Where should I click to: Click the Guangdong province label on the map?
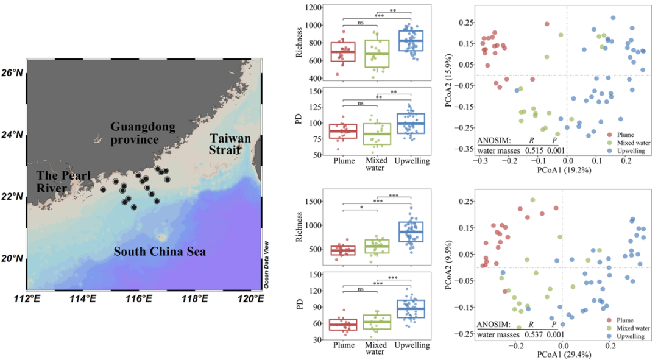[143, 133]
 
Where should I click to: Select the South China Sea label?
[160, 250]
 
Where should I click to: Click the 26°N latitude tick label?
[12, 72]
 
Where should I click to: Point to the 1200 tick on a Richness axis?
[315, 8]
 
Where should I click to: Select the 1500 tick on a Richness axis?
[315, 201]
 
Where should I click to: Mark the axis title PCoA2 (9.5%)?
[449, 266]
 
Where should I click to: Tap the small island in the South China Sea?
[161, 236]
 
